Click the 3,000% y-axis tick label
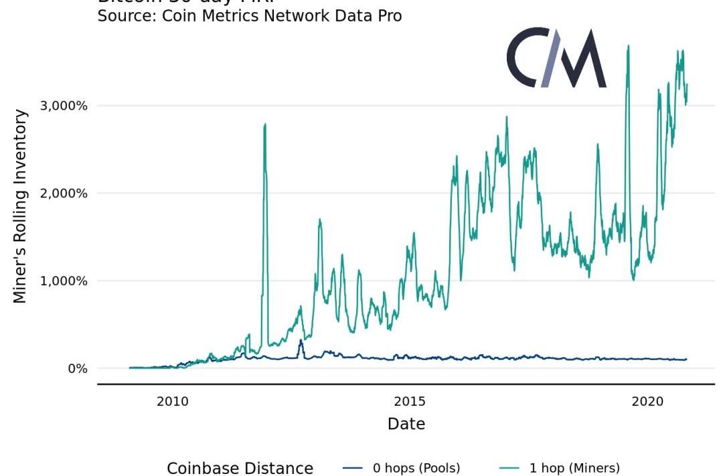pyautogui.click(x=64, y=106)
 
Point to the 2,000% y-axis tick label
pyautogui.click(x=64, y=193)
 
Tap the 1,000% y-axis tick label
pyautogui.click(x=64, y=281)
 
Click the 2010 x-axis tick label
pyautogui.click(x=172, y=401)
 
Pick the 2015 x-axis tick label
pyautogui.click(x=410, y=401)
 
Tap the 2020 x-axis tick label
pyautogui.click(x=647, y=401)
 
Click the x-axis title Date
pyautogui.click(x=406, y=424)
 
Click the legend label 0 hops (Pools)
pyautogui.click(x=416, y=468)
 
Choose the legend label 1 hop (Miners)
pyautogui.click(x=574, y=468)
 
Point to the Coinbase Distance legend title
pyautogui.click(x=240, y=468)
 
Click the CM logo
pyautogui.click(x=556, y=58)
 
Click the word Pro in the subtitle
pyautogui.click(x=388, y=15)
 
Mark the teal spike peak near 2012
pyautogui.click(x=265, y=124)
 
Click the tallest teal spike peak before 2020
pyautogui.click(x=628, y=46)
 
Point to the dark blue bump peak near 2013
pyautogui.click(x=301, y=340)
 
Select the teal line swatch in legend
pyautogui.click(x=510, y=468)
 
